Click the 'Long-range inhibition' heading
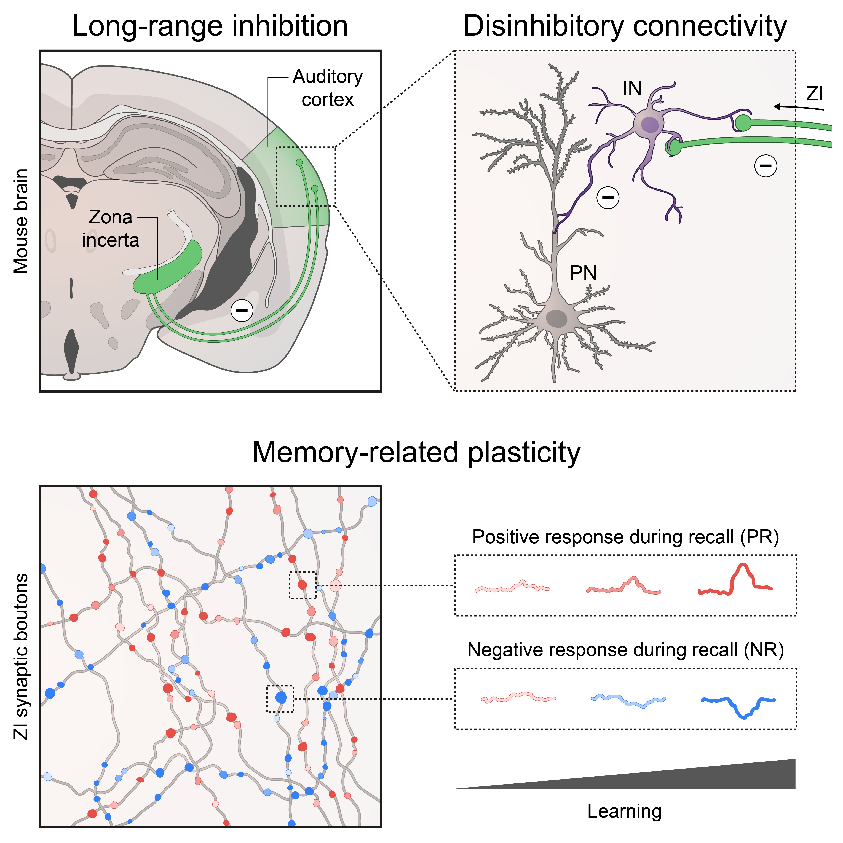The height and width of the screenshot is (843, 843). click(x=210, y=26)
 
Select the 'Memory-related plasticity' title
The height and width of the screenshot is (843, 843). click(x=416, y=453)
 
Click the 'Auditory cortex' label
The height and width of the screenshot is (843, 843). click(x=327, y=88)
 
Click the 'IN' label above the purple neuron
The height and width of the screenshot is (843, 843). click(x=632, y=89)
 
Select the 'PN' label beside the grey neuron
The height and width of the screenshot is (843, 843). click(x=583, y=273)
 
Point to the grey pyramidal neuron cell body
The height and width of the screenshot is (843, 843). click(x=557, y=319)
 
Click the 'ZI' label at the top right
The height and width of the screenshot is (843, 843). click(x=814, y=94)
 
